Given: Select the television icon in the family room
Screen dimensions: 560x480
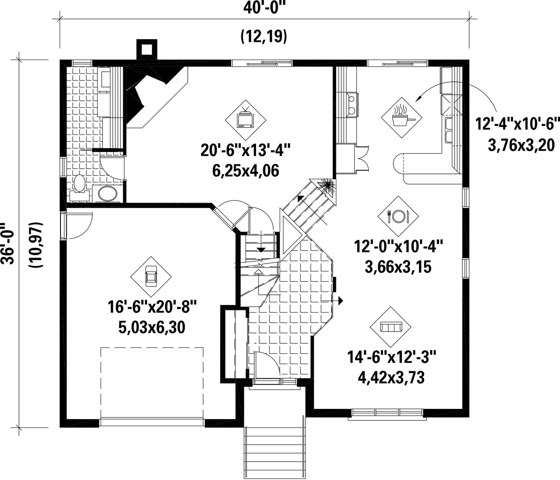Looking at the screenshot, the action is click(245, 120).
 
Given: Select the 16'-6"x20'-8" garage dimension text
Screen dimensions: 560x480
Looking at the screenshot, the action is click(152, 307).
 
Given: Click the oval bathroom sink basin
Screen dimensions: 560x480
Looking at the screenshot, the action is click(108, 194).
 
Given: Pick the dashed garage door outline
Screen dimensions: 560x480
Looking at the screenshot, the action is click(152, 383).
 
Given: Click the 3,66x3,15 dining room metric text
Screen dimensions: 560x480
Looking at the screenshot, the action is click(398, 267).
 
